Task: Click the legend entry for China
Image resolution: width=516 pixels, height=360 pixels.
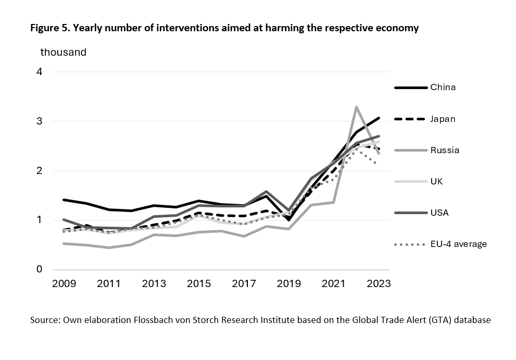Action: [443, 87]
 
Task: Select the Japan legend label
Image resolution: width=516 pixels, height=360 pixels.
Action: [443, 119]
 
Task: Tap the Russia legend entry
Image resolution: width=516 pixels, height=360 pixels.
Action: [444, 150]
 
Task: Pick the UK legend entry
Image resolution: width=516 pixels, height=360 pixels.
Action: [437, 181]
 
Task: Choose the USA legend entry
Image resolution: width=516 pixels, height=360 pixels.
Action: [439, 213]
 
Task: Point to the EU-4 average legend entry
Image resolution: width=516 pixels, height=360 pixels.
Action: [458, 244]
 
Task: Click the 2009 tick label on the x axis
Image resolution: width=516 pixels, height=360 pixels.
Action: [64, 283]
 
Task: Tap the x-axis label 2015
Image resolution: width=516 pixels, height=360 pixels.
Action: [199, 283]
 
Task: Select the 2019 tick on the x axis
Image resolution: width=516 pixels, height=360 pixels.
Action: [289, 283]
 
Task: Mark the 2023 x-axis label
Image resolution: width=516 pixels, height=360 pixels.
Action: [379, 283]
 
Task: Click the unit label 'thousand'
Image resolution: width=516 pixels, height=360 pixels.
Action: [64, 52]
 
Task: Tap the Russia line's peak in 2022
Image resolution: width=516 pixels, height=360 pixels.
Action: [356, 107]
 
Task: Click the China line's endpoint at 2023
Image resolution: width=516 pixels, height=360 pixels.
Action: [379, 118]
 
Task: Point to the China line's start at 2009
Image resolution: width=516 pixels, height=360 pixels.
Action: [64, 200]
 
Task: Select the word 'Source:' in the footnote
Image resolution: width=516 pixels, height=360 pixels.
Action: [45, 320]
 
